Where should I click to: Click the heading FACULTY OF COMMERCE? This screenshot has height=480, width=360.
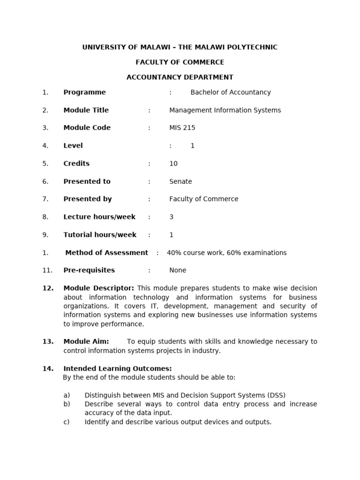(180, 62)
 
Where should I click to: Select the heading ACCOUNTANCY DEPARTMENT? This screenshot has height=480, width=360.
(180, 77)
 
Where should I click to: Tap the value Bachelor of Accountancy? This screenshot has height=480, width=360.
(231, 92)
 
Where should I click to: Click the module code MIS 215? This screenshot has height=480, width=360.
(182, 128)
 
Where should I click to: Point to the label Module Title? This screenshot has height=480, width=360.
(86, 110)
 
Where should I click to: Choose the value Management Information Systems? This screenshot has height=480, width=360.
(225, 110)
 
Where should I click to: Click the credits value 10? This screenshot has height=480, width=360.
(173, 164)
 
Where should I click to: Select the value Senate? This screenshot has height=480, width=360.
(180, 181)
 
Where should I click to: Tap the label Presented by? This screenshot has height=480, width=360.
(88, 199)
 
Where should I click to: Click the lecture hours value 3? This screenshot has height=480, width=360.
(172, 217)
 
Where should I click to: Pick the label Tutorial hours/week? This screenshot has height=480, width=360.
(100, 235)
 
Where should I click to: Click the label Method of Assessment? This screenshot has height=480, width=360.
(106, 253)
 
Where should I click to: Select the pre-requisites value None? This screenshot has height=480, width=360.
(178, 270)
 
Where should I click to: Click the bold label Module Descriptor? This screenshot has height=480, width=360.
(99, 288)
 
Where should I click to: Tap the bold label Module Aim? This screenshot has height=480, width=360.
(86, 342)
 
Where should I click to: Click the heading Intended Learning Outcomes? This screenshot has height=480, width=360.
(118, 368)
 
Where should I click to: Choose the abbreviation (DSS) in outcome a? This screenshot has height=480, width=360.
(276, 395)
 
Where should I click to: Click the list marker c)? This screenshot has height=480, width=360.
(67, 422)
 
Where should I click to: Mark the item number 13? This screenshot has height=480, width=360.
(48, 342)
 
